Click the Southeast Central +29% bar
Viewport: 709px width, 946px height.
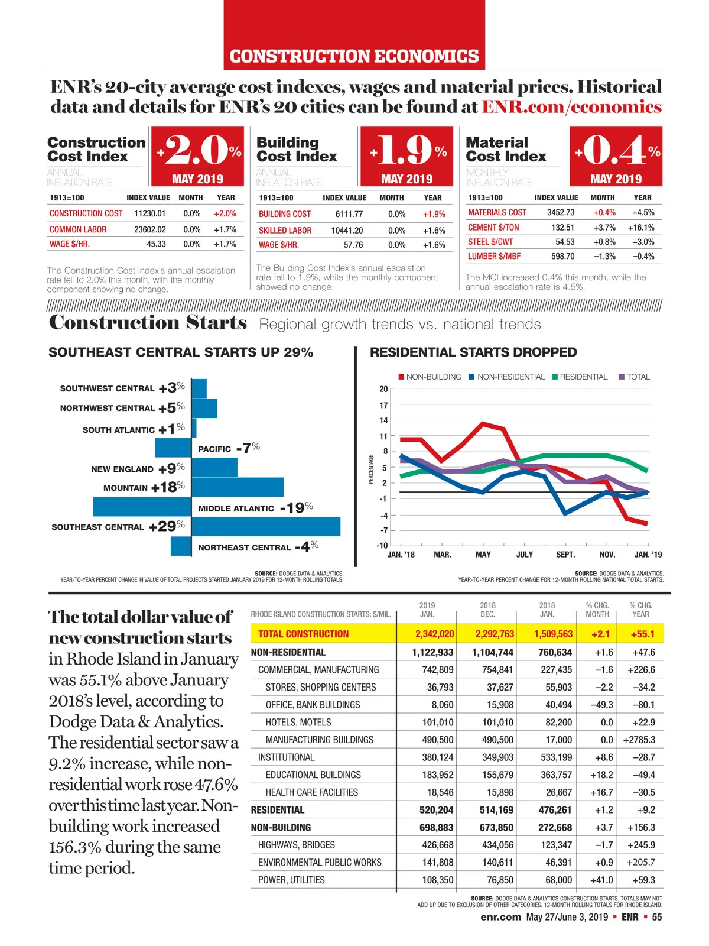tap(266, 526)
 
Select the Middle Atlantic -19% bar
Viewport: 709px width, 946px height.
tap(142, 507)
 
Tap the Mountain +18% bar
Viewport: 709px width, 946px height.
tap(238, 487)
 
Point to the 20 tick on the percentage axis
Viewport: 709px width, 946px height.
tap(383, 389)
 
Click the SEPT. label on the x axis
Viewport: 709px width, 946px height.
tap(565, 555)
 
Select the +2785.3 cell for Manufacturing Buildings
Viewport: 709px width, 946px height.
tap(639, 740)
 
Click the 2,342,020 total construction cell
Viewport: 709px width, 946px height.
tap(434, 634)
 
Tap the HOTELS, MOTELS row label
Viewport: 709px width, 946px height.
tap(298, 723)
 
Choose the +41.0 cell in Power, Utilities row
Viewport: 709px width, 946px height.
tap(601, 880)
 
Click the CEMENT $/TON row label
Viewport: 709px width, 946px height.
tap(493, 228)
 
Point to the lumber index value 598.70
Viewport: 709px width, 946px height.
tap(562, 257)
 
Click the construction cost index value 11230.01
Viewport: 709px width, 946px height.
tap(150, 213)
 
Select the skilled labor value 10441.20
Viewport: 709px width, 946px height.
tap(347, 231)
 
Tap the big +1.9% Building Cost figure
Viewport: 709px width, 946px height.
tap(407, 151)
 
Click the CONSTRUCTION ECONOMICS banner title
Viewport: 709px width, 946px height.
tap(354, 56)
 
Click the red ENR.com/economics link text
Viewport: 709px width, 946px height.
tap(571, 107)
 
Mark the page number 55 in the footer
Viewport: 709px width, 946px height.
tap(657, 917)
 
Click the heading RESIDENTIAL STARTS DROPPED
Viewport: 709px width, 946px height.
tap(473, 352)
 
